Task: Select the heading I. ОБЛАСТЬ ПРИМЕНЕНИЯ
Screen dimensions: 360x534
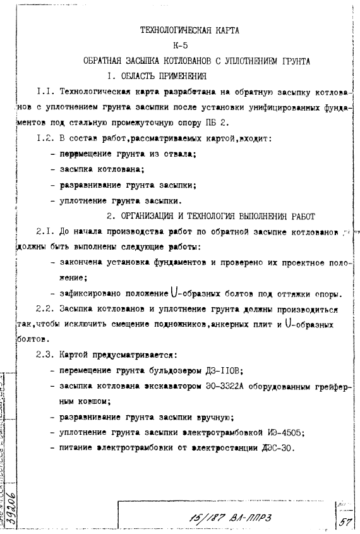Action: [x=157, y=76]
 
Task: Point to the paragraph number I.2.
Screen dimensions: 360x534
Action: [x=45, y=138]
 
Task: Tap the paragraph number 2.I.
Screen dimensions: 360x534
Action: [x=45, y=231]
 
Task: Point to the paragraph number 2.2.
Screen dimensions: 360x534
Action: [x=45, y=310]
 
